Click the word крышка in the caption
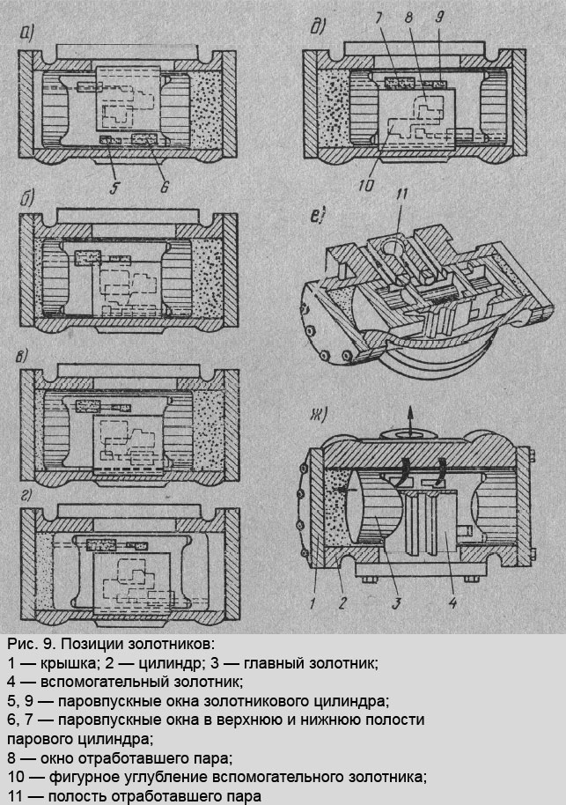57,662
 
